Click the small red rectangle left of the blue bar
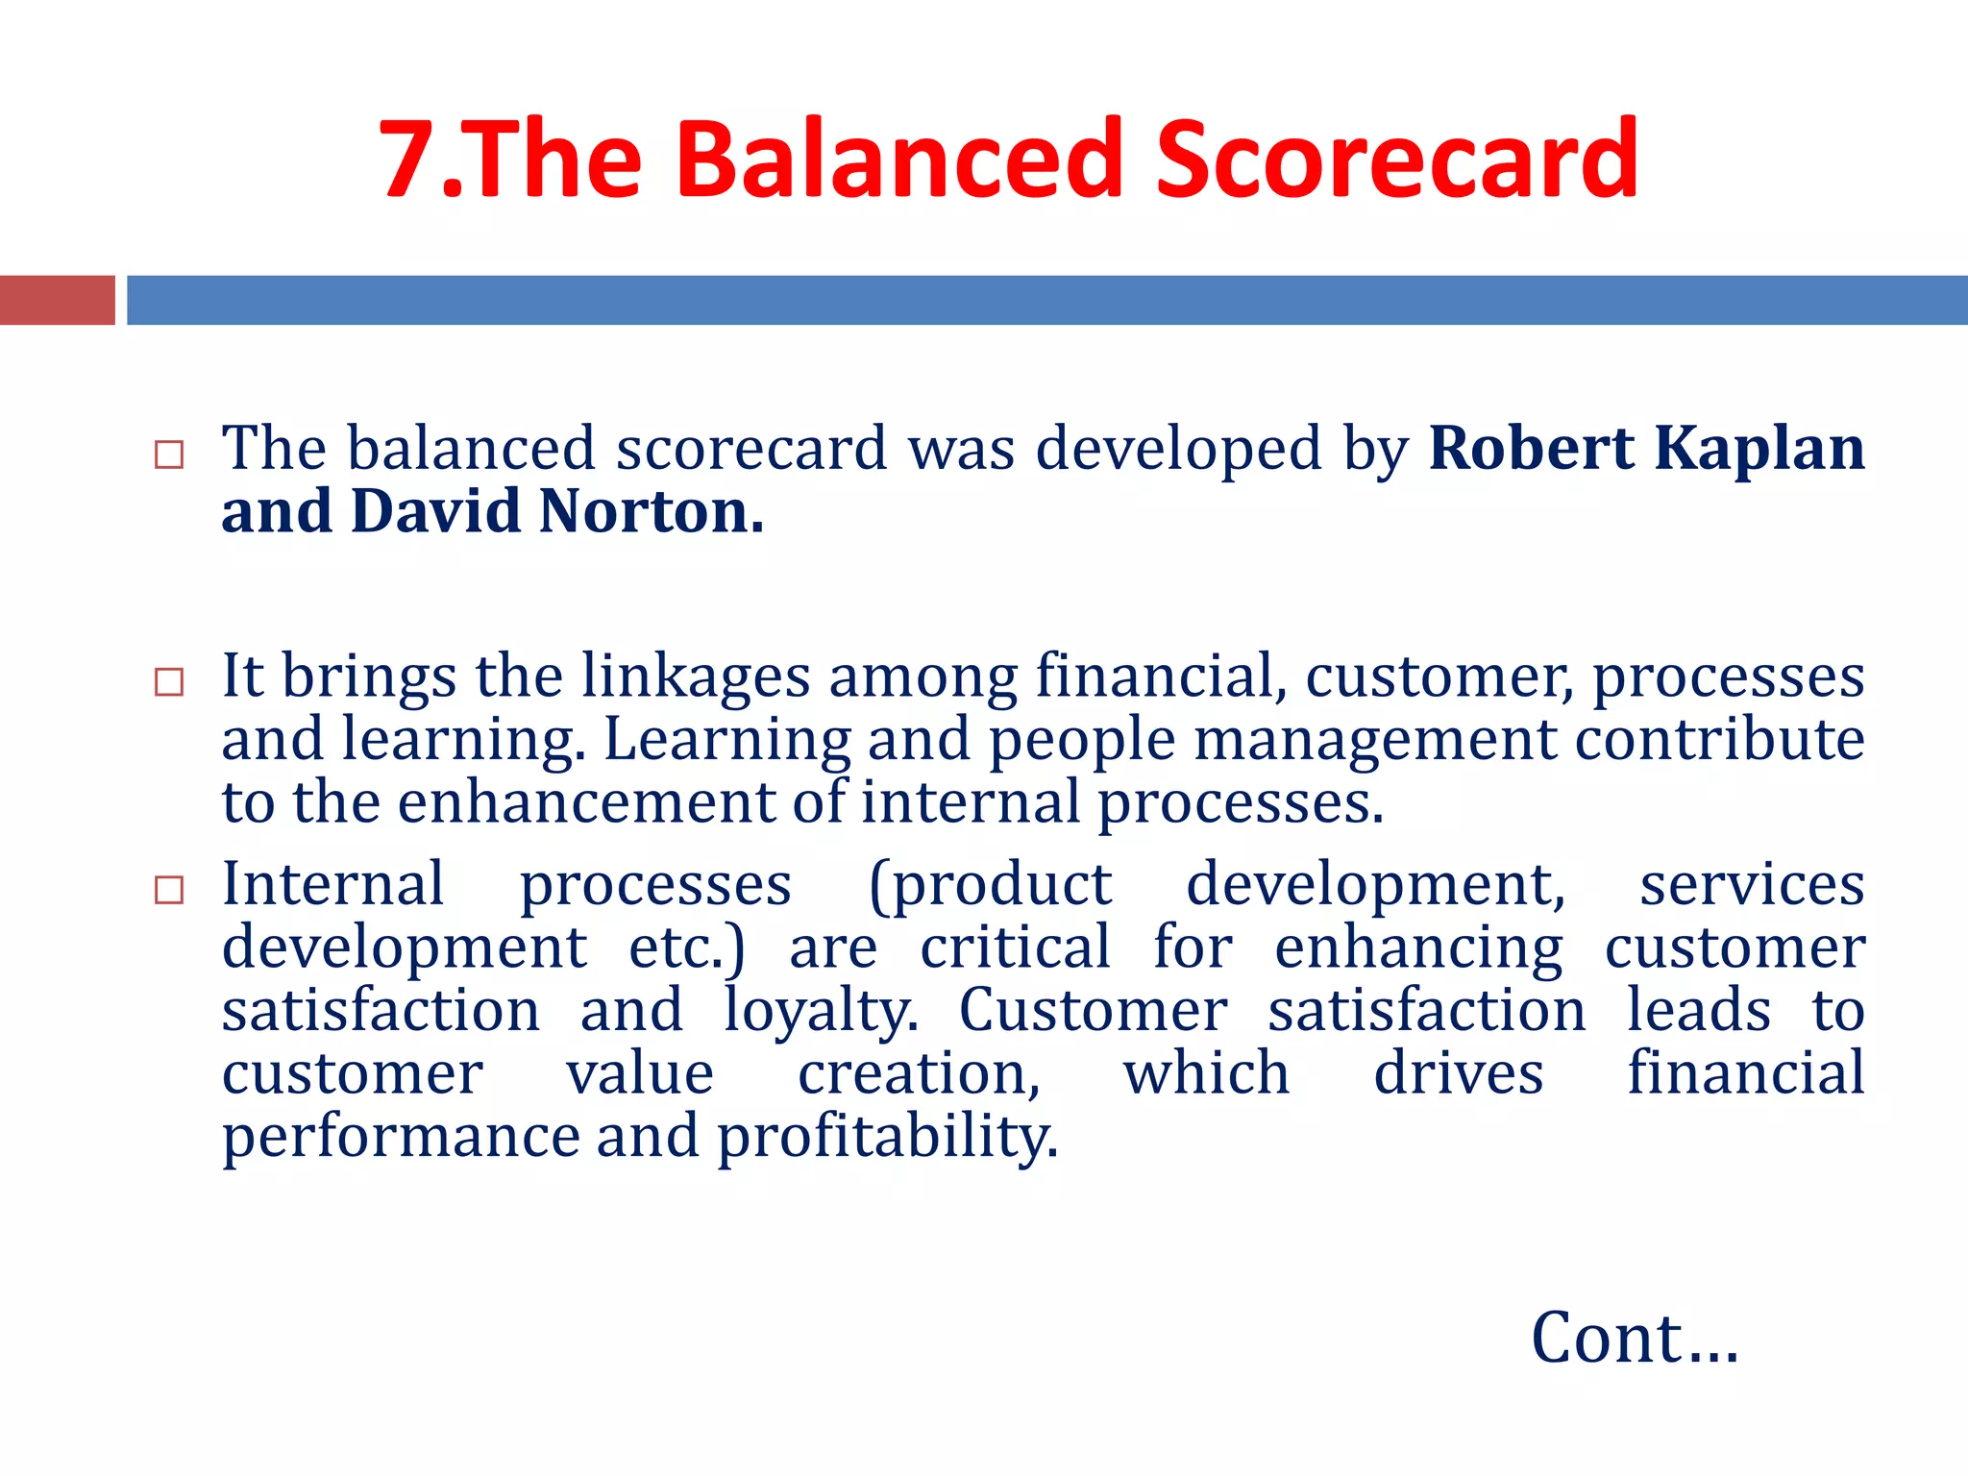[x=57, y=300]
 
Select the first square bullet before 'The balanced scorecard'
[x=169, y=454]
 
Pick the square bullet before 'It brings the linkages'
[x=169, y=681]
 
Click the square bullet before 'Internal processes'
[x=169, y=889]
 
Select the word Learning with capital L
[x=726, y=740]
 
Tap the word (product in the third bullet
[x=990, y=886]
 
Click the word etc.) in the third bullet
[x=686, y=948]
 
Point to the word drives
[x=1458, y=1073]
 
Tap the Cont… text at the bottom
[x=1634, y=1338]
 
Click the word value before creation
[x=639, y=1073]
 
